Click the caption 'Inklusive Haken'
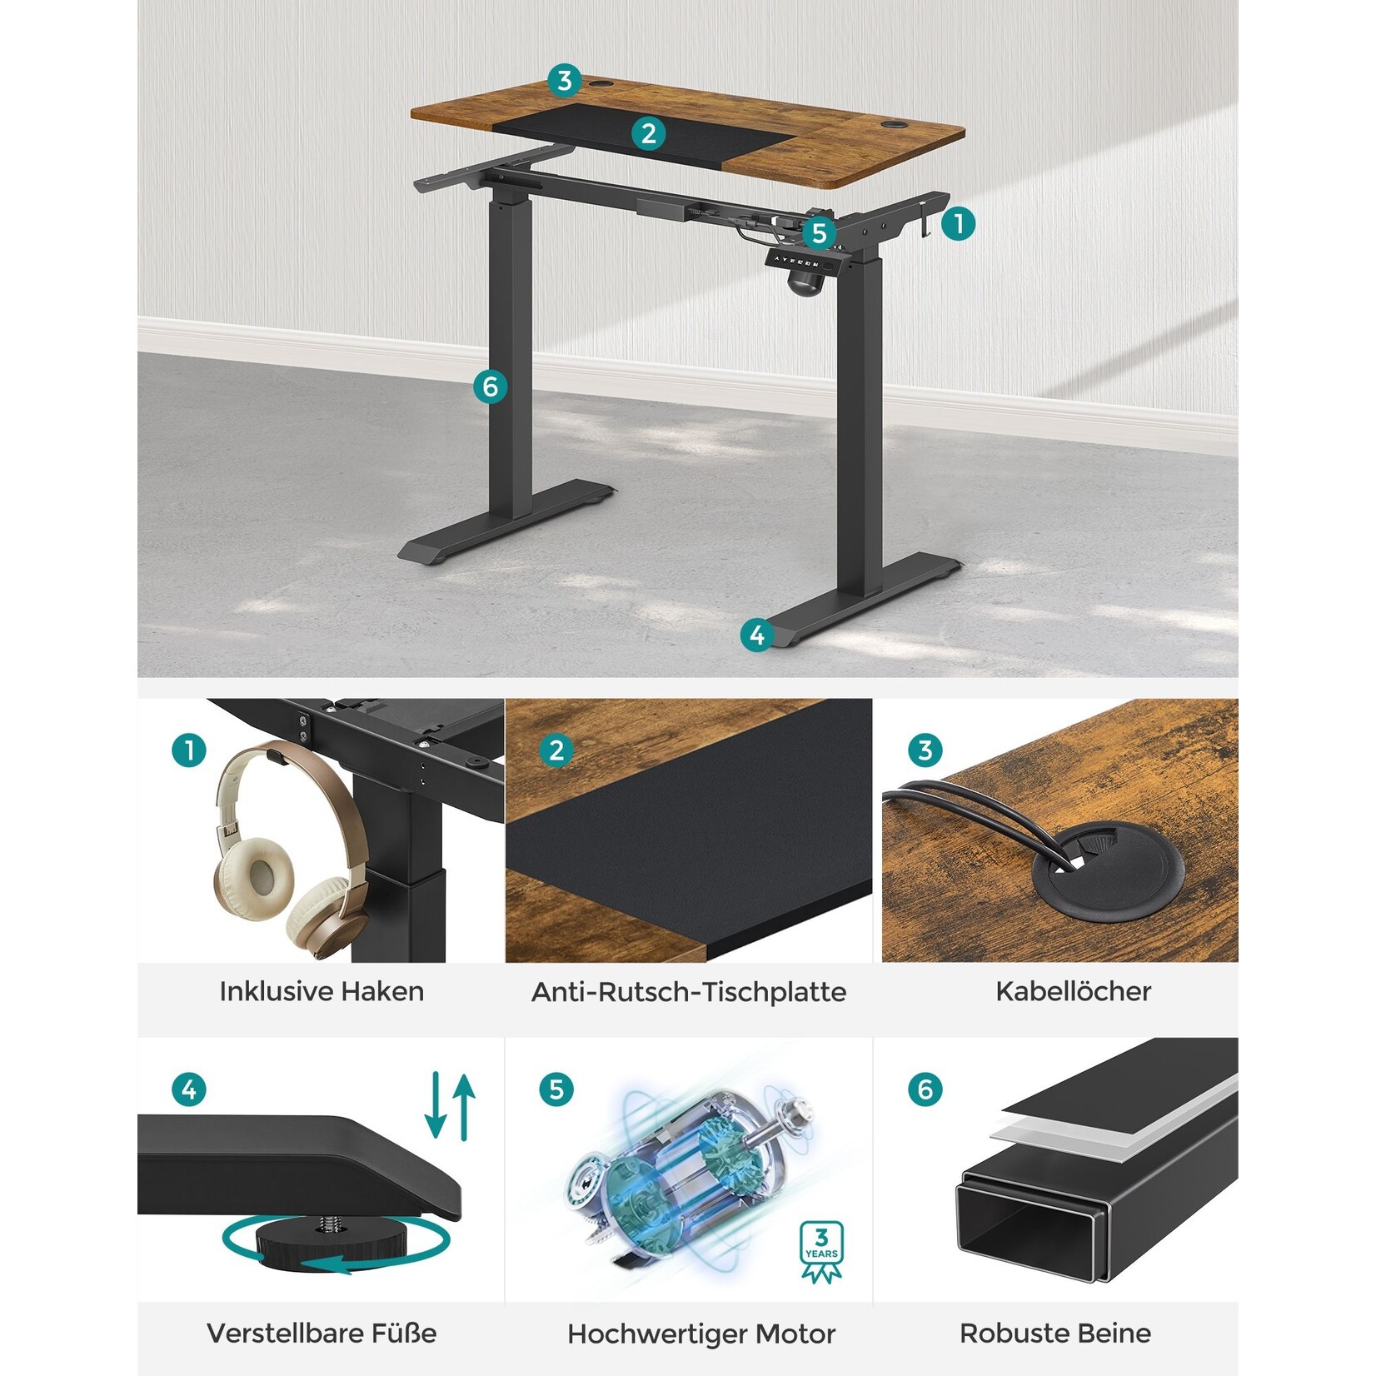coord(322,991)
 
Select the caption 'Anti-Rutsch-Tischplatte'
coord(689,991)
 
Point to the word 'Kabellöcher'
coord(1073,991)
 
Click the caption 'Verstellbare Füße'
coord(322,1333)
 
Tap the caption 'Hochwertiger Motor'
coord(701,1334)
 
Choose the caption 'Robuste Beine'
coord(1055,1333)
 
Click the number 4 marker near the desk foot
coord(757,636)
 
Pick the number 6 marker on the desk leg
coord(490,386)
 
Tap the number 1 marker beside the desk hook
coord(959,223)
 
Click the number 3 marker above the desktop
coord(565,81)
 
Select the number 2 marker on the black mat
coord(649,133)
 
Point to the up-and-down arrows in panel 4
coord(450,1106)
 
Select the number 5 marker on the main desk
coord(819,233)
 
